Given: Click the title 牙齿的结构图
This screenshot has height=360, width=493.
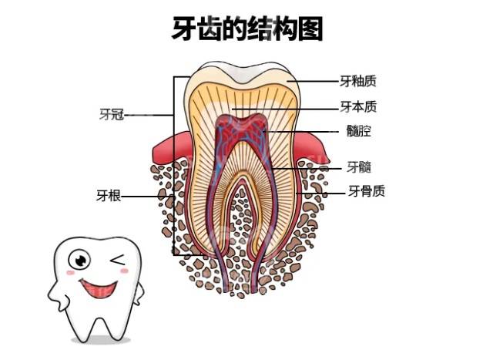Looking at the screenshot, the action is click(247, 29).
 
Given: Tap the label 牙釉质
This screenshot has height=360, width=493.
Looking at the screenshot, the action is click(357, 81).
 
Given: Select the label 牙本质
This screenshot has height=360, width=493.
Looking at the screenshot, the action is click(358, 106).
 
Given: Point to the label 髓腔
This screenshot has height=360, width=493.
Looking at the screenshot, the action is click(359, 130).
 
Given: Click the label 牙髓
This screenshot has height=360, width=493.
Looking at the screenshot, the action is click(359, 167).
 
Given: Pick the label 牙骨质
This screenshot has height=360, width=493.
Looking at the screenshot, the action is click(367, 190).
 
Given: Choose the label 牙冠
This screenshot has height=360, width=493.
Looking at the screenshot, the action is click(111, 114).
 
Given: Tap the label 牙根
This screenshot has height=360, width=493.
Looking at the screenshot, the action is click(109, 196).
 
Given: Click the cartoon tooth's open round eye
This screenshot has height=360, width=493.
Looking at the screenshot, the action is click(79, 260).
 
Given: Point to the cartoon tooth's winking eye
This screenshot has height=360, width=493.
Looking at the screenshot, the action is click(118, 260).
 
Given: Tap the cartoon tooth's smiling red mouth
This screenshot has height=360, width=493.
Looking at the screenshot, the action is click(99, 288).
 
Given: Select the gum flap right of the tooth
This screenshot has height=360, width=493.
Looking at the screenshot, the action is click(311, 148).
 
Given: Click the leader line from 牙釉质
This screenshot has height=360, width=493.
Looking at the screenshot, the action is click(315, 81).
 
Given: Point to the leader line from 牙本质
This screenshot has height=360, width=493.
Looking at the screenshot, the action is click(287, 109).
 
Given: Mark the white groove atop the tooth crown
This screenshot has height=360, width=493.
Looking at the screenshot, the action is click(243, 74).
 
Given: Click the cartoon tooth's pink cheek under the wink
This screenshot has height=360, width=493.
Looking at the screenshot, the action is click(125, 271).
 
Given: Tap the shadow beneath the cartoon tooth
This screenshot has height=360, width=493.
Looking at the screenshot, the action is click(101, 341).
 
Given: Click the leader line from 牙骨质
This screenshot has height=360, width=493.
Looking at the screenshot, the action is click(320, 193).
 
